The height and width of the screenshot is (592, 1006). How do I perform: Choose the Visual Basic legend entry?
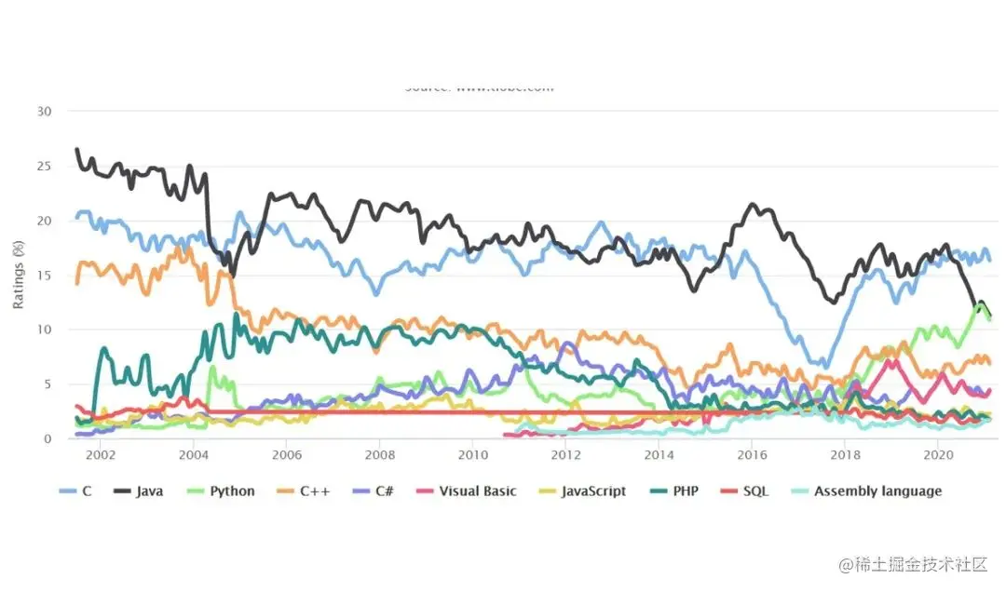tap(477, 491)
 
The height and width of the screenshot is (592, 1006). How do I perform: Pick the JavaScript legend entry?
tap(593, 491)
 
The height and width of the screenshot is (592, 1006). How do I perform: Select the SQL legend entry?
tap(755, 491)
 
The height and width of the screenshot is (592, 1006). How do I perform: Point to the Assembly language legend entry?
tap(877, 491)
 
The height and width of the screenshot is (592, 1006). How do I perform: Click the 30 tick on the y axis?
tap(45, 112)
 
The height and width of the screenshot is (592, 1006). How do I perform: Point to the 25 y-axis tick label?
tap(45, 167)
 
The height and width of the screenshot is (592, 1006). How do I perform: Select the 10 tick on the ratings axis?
tap(45, 330)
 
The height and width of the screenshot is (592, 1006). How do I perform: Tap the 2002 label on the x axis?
tap(101, 456)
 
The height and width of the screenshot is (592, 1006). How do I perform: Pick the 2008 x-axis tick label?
tap(380, 456)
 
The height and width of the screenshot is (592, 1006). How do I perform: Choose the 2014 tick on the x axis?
tap(659, 456)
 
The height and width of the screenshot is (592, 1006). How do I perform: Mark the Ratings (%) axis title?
tap(19, 276)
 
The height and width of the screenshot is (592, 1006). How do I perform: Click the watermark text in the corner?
tap(912, 564)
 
